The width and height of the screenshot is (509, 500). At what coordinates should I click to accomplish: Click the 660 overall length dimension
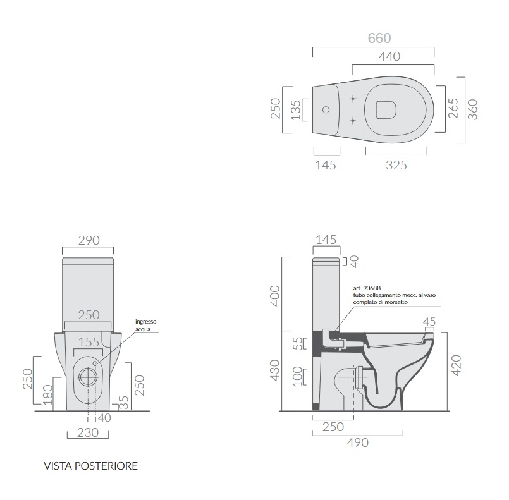tap(379, 39)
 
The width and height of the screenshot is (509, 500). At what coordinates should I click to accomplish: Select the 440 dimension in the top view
tap(389, 56)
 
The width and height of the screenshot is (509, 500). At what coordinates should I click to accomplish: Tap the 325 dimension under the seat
tap(396, 165)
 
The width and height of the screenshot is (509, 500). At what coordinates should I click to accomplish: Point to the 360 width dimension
tap(473, 109)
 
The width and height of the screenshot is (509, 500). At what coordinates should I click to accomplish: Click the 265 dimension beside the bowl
tap(453, 108)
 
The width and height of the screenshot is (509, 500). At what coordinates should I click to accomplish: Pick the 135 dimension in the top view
tap(296, 110)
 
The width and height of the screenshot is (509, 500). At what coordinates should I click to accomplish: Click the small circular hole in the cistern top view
tap(326, 109)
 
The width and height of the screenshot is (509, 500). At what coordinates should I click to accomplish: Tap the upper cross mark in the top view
tap(353, 99)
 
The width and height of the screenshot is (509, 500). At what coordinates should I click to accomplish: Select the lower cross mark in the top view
tap(353, 121)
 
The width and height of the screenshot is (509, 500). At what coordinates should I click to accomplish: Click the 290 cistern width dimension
tap(89, 240)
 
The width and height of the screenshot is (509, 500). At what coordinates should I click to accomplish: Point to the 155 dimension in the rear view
tap(89, 342)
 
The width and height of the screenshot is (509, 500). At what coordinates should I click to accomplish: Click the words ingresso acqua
tap(146, 325)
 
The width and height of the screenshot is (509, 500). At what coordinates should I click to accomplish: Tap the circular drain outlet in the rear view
tap(88, 377)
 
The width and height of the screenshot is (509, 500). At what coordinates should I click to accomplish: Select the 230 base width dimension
tap(88, 432)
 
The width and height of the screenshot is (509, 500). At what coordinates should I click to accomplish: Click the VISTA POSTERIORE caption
tap(90, 466)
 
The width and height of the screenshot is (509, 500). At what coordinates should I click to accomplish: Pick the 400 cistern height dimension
tap(274, 296)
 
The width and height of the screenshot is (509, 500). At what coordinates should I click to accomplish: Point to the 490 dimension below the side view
tap(357, 442)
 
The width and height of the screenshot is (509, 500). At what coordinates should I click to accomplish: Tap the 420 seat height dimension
tap(456, 365)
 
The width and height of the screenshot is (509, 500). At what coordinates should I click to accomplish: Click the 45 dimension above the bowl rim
tap(429, 322)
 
